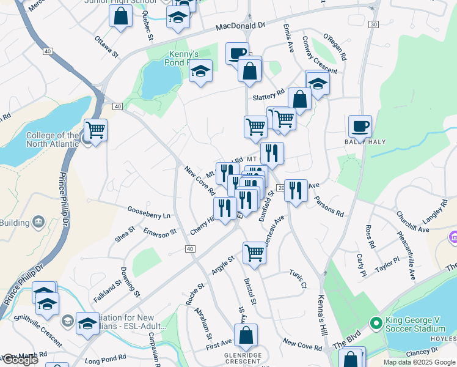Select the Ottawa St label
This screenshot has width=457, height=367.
(x=106, y=45)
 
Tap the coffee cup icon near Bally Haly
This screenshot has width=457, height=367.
(x=360, y=126)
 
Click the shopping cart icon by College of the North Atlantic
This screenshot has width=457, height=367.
(x=95, y=130)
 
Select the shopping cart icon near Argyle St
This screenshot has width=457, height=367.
(x=254, y=251)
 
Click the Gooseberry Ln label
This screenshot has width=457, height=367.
(x=148, y=212)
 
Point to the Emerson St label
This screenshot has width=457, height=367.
(x=159, y=232)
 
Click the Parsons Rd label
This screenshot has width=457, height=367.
(x=329, y=206)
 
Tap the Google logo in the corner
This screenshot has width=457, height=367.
(x=20, y=360)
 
